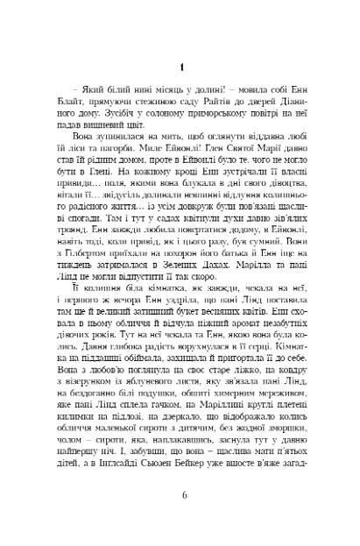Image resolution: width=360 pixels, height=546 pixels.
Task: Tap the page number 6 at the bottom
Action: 180,518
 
